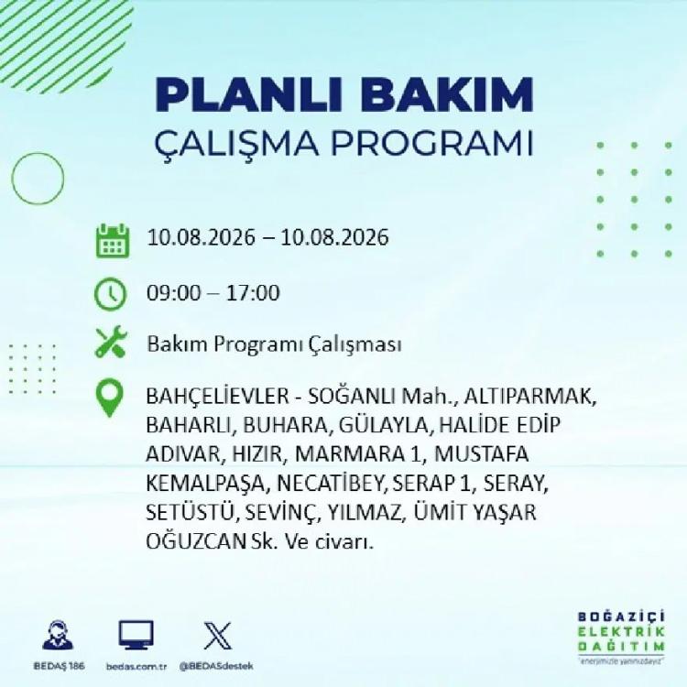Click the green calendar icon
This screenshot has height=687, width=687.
pos(113,240)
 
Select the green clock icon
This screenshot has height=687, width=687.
pos(111,293)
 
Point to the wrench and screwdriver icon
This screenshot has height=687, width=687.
pos(111,342)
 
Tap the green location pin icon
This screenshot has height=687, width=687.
pos(110,398)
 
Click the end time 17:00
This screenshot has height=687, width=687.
pos(253,293)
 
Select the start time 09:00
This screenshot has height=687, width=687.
pos(173,293)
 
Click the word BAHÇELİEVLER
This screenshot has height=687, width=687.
pos(218,397)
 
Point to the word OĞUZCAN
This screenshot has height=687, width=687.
pos(196,542)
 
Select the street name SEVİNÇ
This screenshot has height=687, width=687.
pos(280,513)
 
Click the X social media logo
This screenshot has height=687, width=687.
pos(218,636)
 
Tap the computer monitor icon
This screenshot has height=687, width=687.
pos(136,635)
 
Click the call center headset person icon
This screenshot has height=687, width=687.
pos(59,635)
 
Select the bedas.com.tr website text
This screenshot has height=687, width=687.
pos(136,667)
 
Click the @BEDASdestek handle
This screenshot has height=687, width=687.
pos(216,667)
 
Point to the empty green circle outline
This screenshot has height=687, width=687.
pos(12,179)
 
